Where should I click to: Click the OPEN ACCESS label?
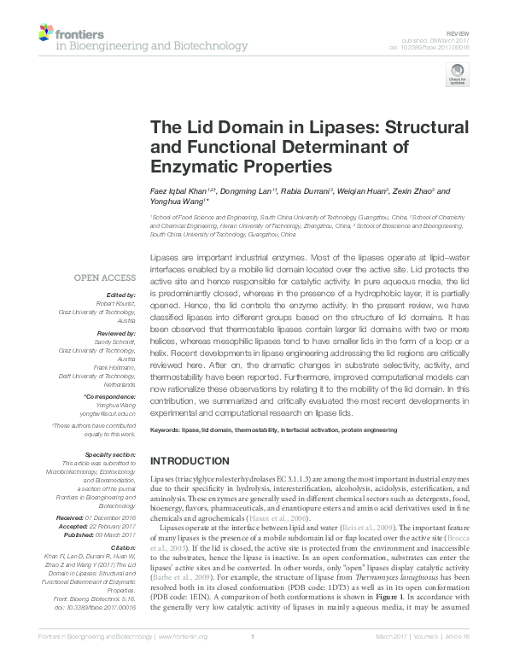click(x=105, y=277)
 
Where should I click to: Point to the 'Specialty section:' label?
click(x=109, y=456)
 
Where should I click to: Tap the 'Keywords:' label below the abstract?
click(x=166, y=430)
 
